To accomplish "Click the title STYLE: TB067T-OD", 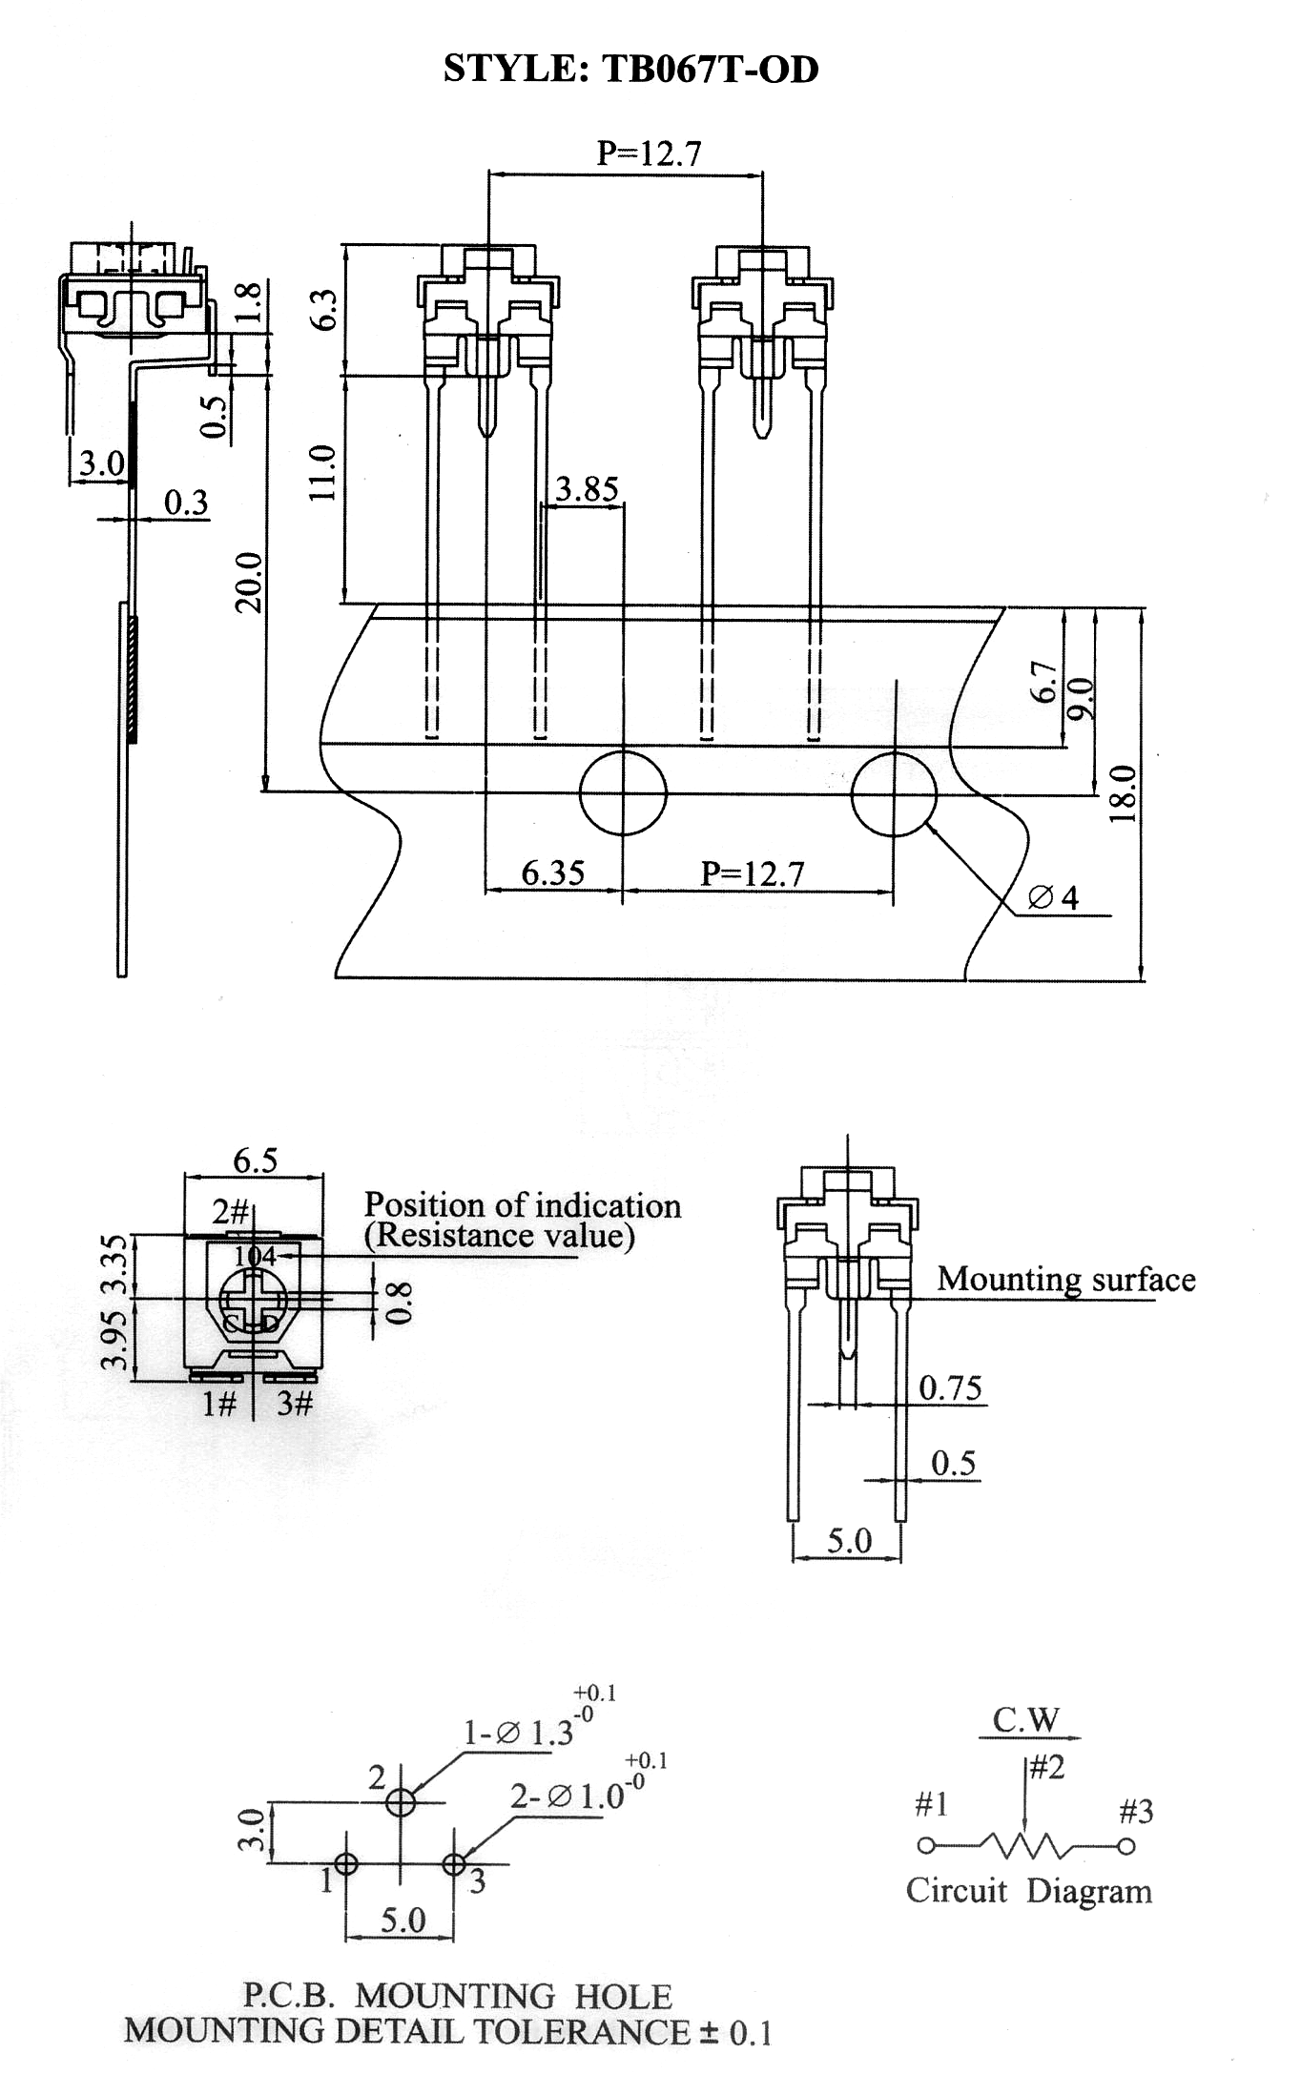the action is pos(631,70).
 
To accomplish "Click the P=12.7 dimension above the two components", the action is pos(650,153).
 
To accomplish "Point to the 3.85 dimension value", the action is pos(587,489).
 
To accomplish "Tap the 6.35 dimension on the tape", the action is pos(553,873).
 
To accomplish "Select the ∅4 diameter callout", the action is pos(1054,897).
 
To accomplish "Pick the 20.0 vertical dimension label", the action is pos(249,582).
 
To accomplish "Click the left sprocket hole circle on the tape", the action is pos(623,791).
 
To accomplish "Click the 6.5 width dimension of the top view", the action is pos(256,1160).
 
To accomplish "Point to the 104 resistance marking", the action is pos(255,1257).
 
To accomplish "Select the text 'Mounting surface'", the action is pos(1066,1280).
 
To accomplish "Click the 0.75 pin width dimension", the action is pos(950,1387).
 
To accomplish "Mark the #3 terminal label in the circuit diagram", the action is pos(1136,1810).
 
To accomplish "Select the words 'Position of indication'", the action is pos(523,1205).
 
